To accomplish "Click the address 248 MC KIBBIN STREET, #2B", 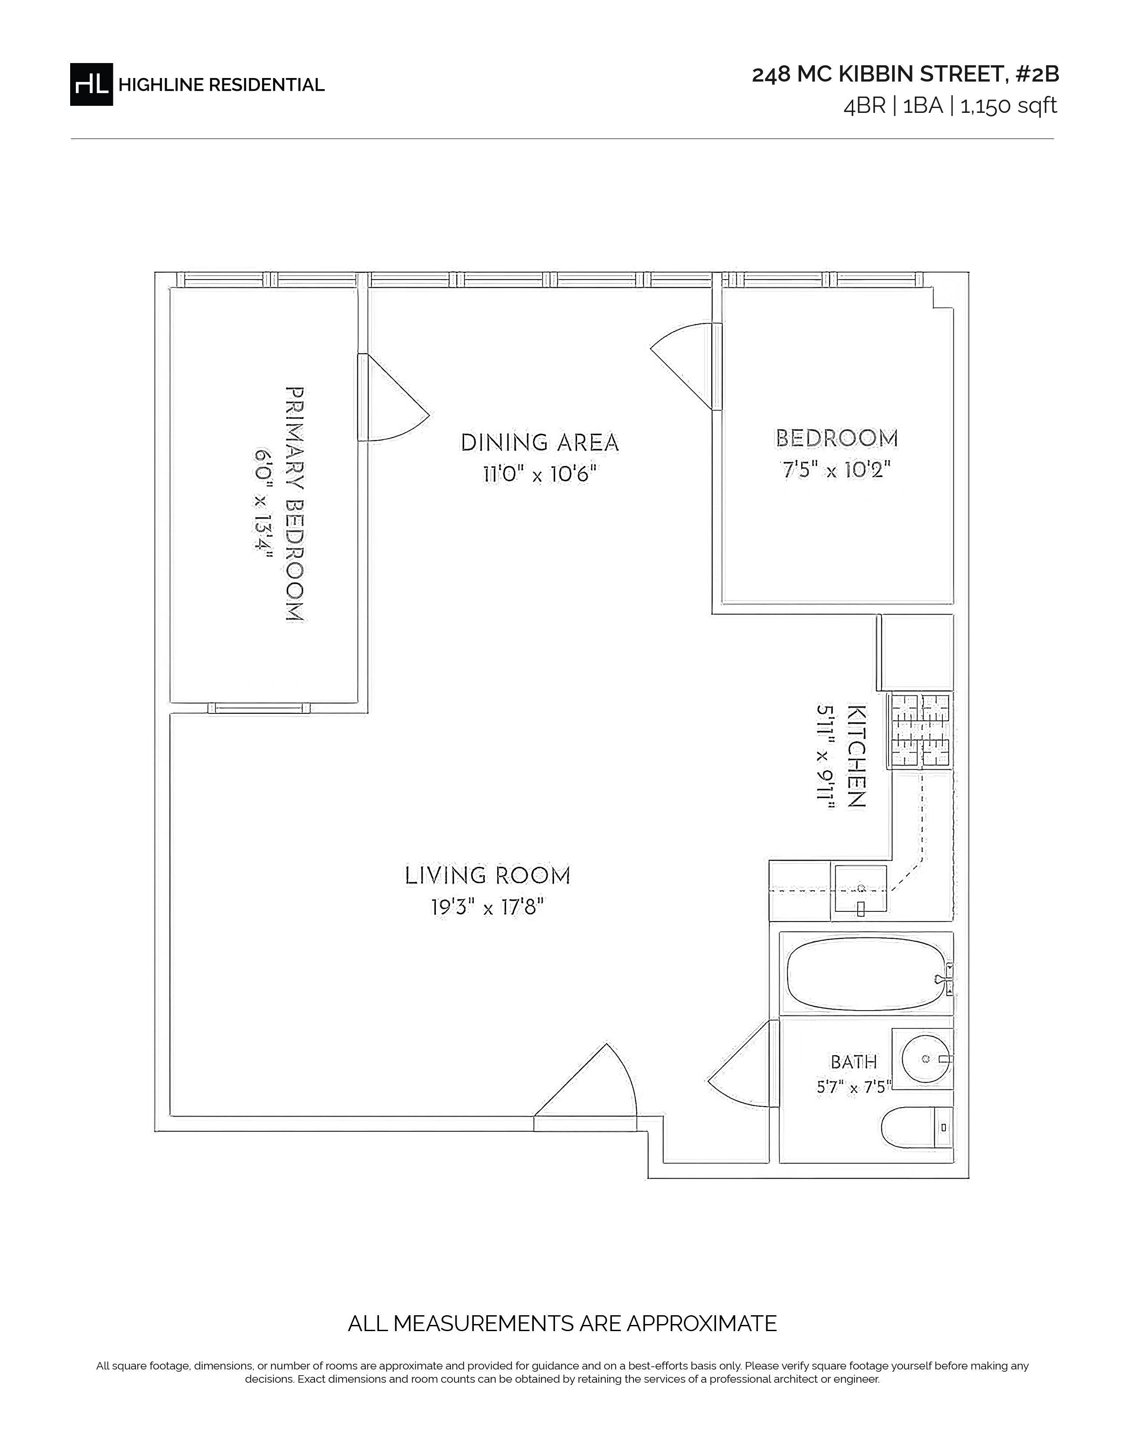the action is (x=905, y=75).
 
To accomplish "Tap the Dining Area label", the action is (x=540, y=442).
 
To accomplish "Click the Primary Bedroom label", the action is (x=295, y=504).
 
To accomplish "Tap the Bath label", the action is (x=854, y=1061).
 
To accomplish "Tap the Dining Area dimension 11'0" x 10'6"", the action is (x=540, y=474).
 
